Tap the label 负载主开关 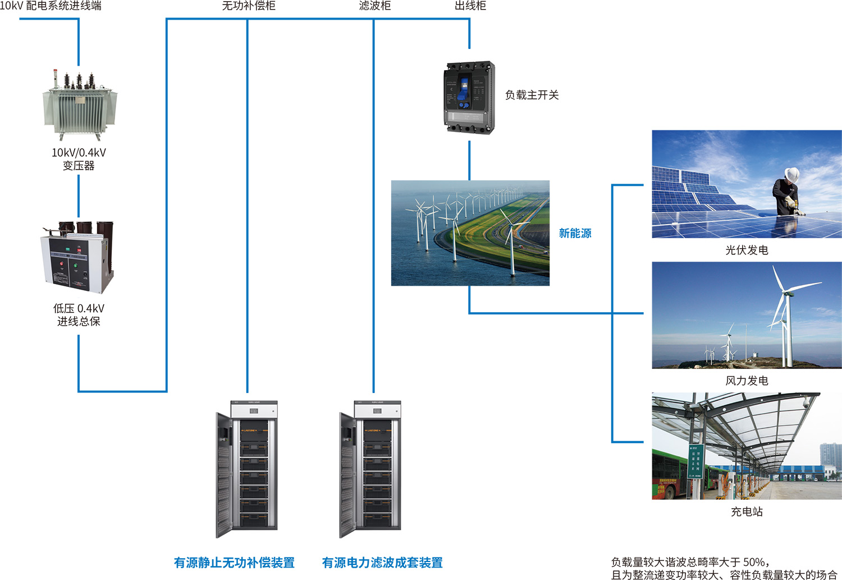pyautogui.click(x=532, y=95)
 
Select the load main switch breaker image pyautogui.click(x=470, y=98)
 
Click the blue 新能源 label pyautogui.click(x=575, y=233)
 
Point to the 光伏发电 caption pyautogui.click(x=747, y=250)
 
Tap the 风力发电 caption pyautogui.click(x=747, y=381)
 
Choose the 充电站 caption pyautogui.click(x=747, y=512)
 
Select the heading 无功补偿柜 pyautogui.click(x=249, y=6)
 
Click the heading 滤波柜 pyautogui.click(x=374, y=6)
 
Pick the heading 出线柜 pyautogui.click(x=470, y=6)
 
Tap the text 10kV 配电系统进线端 pyautogui.click(x=51, y=6)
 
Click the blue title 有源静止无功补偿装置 pyautogui.click(x=234, y=562)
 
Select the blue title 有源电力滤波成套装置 pyautogui.click(x=382, y=562)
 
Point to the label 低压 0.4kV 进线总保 pyautogui.click(x=79, y=314)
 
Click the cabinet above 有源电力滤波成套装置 pyautogui.click(x=370, y=469)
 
